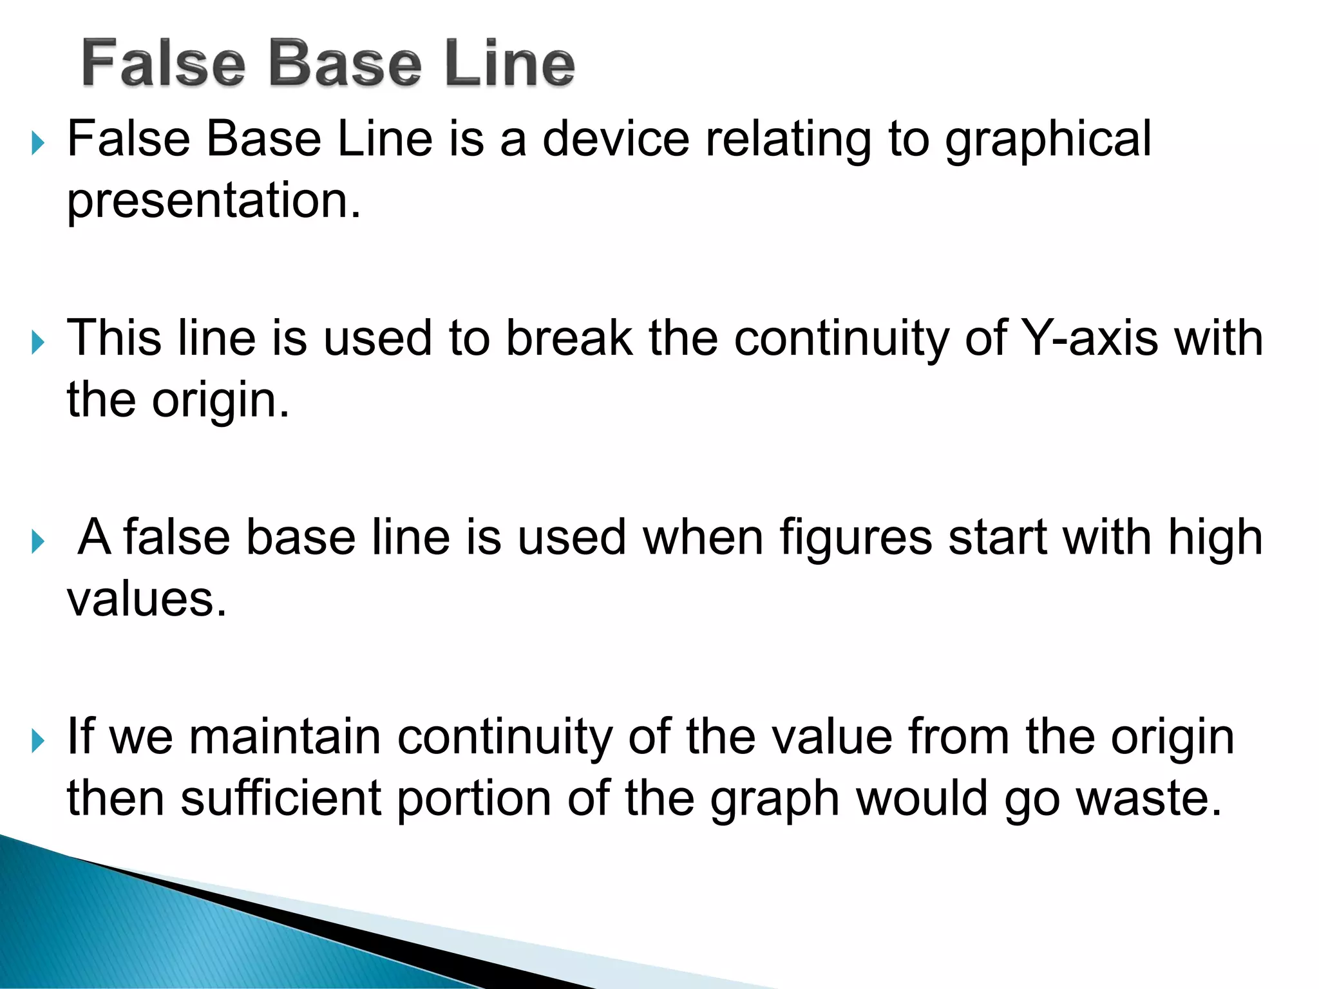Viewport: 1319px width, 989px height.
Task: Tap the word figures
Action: (856, 538)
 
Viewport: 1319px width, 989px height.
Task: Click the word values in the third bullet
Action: (147, 599)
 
